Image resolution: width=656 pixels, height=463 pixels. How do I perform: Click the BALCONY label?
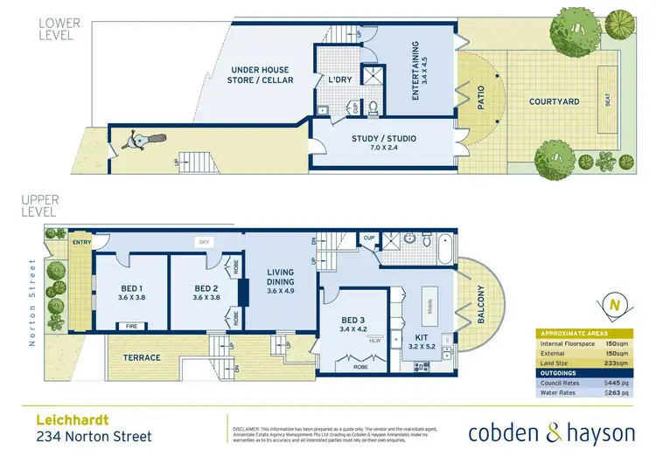479,306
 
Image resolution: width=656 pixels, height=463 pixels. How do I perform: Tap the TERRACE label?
142,357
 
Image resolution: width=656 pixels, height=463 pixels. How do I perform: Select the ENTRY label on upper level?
82,244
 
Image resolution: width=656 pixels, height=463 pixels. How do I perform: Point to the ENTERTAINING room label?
416,70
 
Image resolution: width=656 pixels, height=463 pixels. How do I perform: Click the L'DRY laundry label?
339,79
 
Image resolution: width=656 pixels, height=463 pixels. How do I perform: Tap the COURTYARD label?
555,101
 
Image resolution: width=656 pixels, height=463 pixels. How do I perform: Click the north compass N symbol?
615,306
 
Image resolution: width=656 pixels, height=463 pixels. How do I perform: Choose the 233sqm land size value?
617,362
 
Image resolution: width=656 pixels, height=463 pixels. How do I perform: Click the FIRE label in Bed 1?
131,325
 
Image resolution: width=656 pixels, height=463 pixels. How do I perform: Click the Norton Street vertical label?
33,301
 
